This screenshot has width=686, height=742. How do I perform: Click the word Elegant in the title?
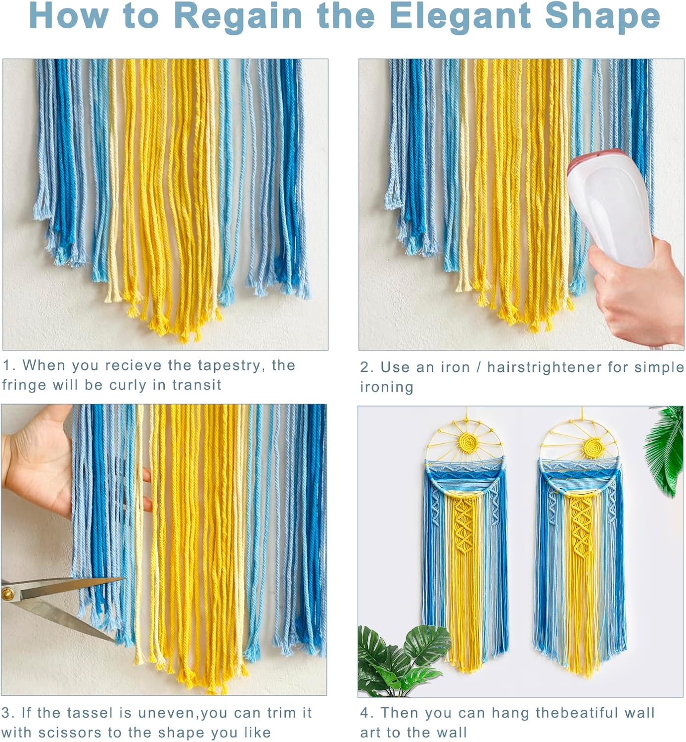pyautogui.click(x=460, y=17)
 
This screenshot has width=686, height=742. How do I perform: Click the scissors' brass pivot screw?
pyautogui.click(x=7, y=593)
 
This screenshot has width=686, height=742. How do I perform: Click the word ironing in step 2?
pyautogui.click(x=387, y=387)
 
